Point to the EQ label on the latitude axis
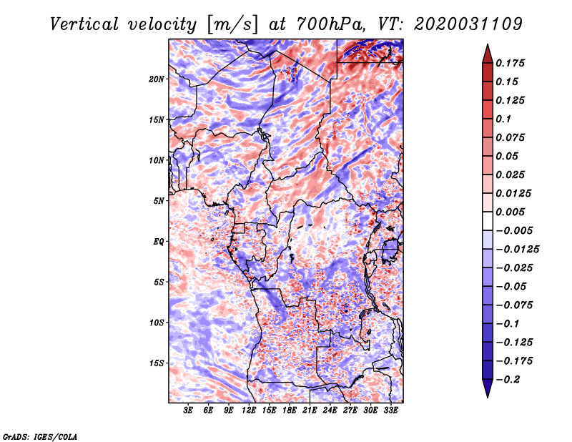tap(159, 241)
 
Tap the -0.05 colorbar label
tap(511, 286)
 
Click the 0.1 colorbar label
tap(506, 119)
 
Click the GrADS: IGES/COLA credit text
tap(40, 436)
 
